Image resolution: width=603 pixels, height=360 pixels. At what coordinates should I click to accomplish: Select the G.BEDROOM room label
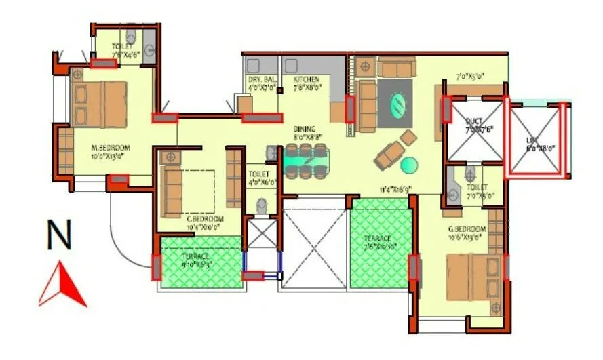[x=467, y=228]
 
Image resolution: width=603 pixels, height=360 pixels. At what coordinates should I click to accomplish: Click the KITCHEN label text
[x=302, y=79]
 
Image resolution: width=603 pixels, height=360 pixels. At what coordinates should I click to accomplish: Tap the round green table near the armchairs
[x=410, y=165]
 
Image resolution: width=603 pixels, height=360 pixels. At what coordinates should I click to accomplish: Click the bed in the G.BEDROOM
[x=475, y=277]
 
